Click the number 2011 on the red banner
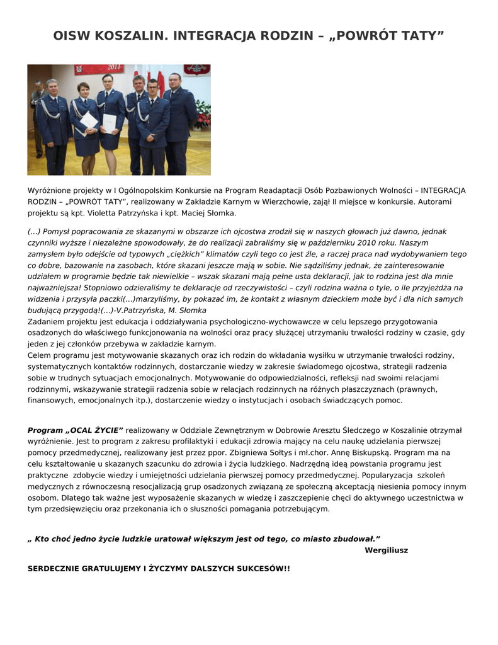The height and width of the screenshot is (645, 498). [x=115, y=67]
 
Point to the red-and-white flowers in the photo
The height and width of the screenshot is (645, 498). [x=203, y=116]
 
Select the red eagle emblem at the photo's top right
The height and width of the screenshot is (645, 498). [x=196, y=69]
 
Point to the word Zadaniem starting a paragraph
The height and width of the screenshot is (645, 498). [x=47, y=321]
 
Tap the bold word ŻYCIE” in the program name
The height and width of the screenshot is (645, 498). [x=108, y=430]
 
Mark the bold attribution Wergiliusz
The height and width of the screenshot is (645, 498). [x=386, y=550]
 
